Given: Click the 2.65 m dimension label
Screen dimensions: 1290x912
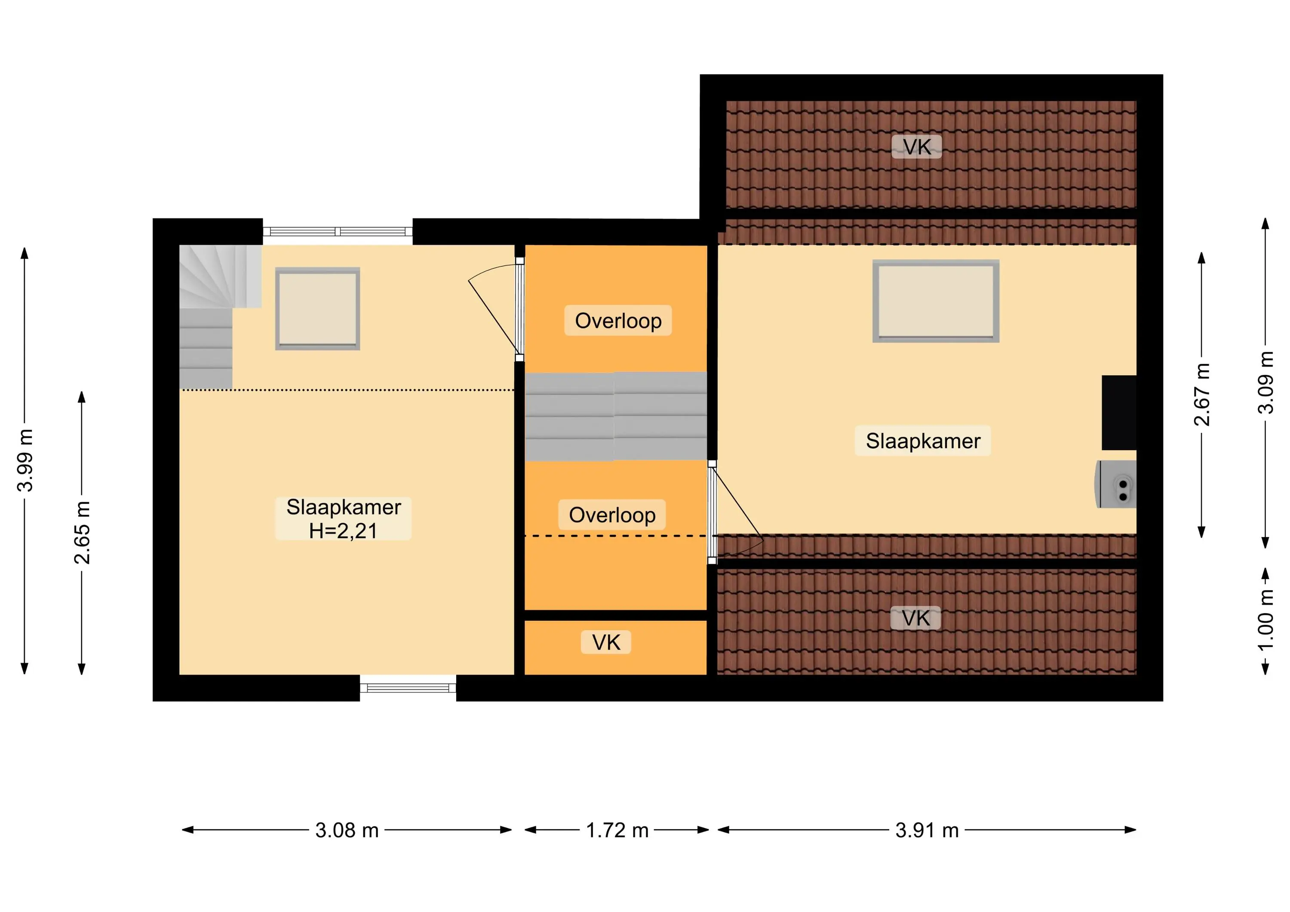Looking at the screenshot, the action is click(83, 533).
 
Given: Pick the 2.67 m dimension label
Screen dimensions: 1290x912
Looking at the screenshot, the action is click(1202, 394).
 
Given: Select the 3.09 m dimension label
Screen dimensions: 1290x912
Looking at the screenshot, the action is click(1265, 383).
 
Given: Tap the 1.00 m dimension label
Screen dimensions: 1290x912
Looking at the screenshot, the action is click(1265, 620).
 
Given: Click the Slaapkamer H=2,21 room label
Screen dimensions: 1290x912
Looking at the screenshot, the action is click(343, 519).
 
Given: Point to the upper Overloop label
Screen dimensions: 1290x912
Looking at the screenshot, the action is click(618, 321).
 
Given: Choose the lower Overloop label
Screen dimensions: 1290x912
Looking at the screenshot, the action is click(612, 515).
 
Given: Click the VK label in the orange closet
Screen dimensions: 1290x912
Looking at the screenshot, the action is click(606, 642).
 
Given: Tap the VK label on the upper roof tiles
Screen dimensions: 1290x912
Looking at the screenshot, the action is click(917, 147).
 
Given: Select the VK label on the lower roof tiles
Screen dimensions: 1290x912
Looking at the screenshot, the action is click(916, 618).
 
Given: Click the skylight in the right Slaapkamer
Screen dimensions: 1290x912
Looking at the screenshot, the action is click(936, 301).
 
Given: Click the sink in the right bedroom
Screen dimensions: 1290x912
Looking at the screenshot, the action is click(1116, 484).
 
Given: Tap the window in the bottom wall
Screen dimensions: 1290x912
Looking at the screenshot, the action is click(408, 688).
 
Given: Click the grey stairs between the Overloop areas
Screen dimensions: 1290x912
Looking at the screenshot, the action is click(616, 416).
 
